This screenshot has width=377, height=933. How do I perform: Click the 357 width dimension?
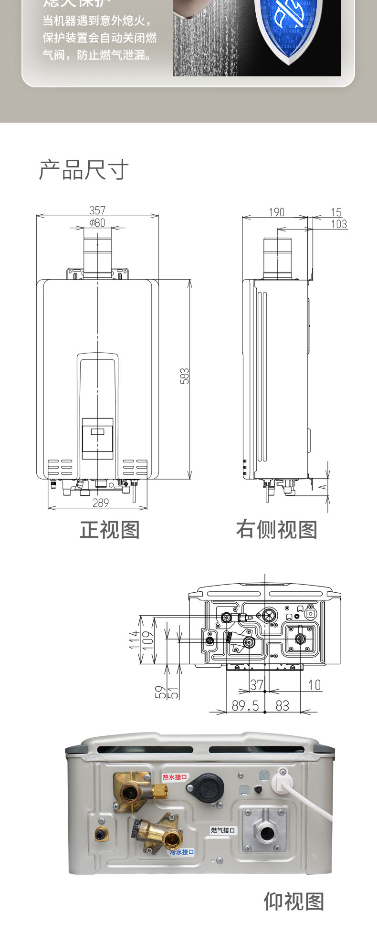point(97,210)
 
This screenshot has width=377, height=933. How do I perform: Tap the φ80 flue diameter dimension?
point(97,223)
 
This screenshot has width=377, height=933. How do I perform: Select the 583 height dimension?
point(185,376)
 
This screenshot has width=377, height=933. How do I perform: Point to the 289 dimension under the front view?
point(101,503)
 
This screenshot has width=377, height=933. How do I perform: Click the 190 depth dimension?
point(276,212)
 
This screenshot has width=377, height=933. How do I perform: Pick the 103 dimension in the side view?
point(339,224)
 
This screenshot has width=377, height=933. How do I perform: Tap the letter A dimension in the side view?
point(323,487)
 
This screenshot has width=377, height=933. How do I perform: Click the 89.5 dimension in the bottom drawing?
point(245,705)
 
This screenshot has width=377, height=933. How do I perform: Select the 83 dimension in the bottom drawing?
point(283,705)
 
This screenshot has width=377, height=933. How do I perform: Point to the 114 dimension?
point(135,639)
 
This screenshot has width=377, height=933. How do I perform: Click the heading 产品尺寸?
point(84,170)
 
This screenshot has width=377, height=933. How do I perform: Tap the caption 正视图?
point(110,530)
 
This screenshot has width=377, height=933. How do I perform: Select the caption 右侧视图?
point(277,530)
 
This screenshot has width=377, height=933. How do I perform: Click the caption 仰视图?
point(294,902)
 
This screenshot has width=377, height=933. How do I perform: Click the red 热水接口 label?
point(175,777)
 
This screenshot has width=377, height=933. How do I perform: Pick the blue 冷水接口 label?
point(182,852)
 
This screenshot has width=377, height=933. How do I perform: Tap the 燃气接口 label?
point(223,830)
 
